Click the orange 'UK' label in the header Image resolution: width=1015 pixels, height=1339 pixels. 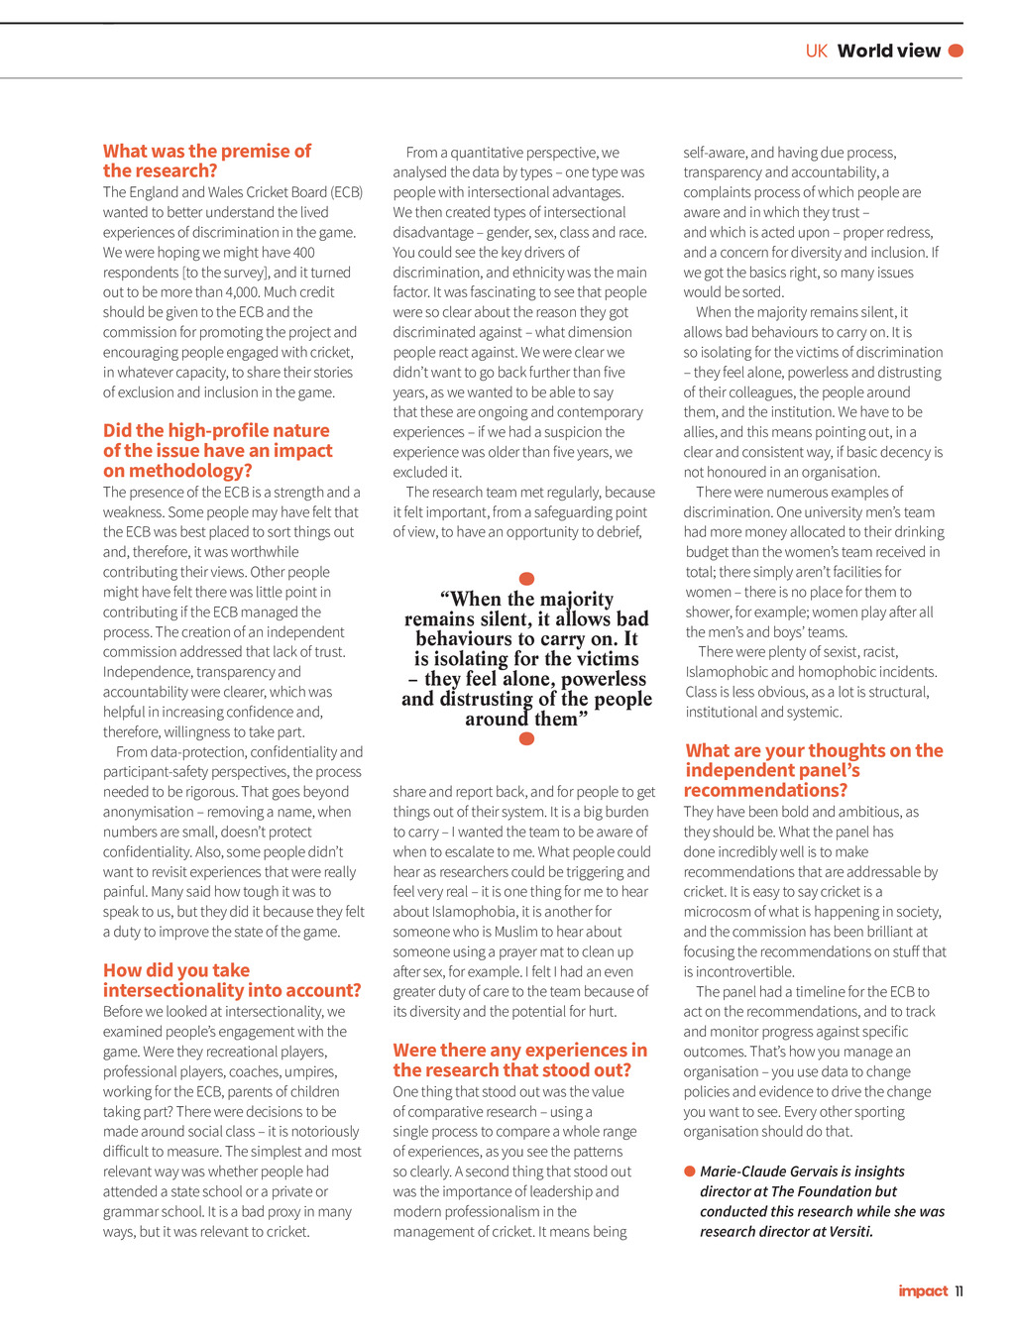[x=816, y=51]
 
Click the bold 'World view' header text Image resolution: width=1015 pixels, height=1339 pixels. [x=888, y=51]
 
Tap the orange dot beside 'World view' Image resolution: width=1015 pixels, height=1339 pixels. [x=956, y=51]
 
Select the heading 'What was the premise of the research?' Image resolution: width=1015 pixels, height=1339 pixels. [x=206, y=161]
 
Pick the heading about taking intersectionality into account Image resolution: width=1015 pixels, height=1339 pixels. [x=232, y=980]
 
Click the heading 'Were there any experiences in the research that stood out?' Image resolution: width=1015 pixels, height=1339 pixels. [x=519, y=1060]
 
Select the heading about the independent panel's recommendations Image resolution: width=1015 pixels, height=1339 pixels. [x=814, y=770]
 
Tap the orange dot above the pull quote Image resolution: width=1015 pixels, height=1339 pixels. [x=527, y=578]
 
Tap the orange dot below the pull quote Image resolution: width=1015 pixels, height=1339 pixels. [x=527, y=738]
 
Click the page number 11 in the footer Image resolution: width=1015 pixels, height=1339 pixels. [x=959, y=1290]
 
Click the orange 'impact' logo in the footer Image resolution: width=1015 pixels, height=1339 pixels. [x=923, y=1290]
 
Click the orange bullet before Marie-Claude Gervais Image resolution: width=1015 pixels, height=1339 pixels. [x=690, y=1172]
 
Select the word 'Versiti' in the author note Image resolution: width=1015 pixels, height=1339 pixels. [x=848, y=1232]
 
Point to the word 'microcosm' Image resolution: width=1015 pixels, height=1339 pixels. [x=717, y=912]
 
